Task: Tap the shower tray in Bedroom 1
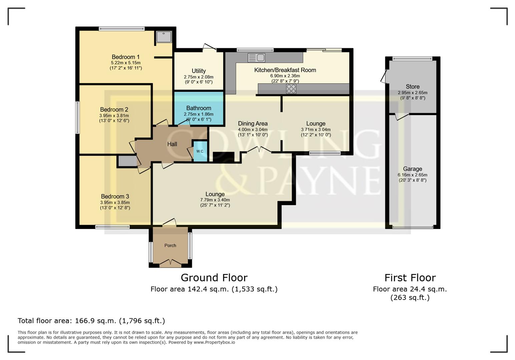[x=164, y=37]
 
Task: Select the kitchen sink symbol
[x=256, y=58]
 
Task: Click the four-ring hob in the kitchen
[x=291, y=89]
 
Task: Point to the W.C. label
[x=200, y=151]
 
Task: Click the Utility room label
[x=198, y=71]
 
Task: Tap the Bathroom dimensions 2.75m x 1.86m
[x=198, y=114]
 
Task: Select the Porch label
[x=170, y=245]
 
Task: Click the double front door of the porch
[x=170, y=263]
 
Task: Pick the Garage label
[x=412, y=169]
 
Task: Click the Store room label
[x=413, y=87]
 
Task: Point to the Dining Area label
[x=252, y=124]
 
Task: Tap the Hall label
[x=172, y=144]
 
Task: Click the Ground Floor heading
[x=214, y=278]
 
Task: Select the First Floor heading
[x=410, y=278]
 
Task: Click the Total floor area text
[x=91, y=321]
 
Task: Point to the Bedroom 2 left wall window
[x=77, y=118]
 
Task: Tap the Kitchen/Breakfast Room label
[x=285, y=70]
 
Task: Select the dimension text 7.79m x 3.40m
[x=215, y=200]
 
